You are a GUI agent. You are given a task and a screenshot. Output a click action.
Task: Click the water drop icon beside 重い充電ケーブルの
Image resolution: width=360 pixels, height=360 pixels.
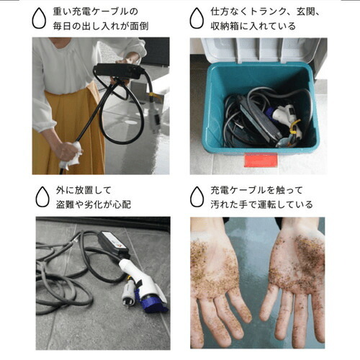coord(39,18)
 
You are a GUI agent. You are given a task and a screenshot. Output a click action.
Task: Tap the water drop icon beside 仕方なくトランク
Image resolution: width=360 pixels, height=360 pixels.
coord(197,18)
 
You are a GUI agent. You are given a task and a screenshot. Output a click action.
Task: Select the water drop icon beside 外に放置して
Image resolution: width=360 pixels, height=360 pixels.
coord(42,197)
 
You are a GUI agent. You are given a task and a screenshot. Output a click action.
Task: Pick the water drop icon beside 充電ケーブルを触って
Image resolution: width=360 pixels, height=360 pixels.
coord(197,197)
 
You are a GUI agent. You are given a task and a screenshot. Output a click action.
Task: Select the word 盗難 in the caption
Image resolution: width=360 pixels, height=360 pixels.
coord(65,204)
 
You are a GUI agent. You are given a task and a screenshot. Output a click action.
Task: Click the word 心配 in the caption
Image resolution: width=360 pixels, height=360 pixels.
coord(122,204)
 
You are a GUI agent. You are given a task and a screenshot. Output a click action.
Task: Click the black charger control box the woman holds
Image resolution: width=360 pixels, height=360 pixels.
coord(118,71)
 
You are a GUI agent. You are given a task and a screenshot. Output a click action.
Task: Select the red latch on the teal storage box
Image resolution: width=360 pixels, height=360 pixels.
coord(261,160)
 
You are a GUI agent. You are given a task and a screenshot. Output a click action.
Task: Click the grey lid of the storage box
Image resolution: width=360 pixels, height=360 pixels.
coord(264,50)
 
